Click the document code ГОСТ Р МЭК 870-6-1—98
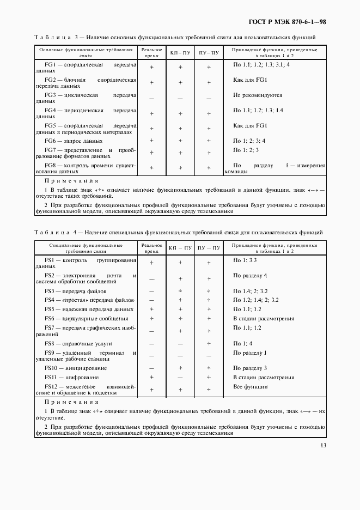295,22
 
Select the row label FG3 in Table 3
50,95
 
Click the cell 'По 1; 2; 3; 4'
249,141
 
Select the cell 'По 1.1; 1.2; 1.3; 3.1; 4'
261,64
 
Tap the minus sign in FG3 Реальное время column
151,98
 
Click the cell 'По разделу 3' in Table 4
250,368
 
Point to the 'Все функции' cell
250,386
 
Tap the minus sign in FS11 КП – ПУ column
180,377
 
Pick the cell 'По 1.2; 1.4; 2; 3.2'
256,300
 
